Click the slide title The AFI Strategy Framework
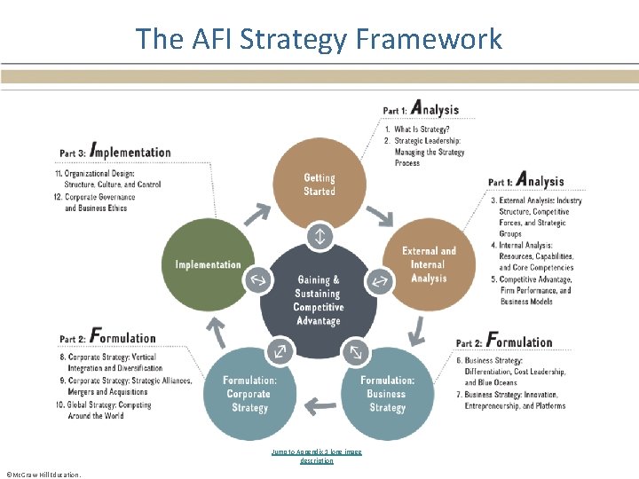pyautogui.click(x=319, y=39)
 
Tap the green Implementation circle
pyautogui.click(x=209, y=264)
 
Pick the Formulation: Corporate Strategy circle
pyautogui.click(x=249, y=394)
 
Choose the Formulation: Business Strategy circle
pyautogui.click(x=387, y=394)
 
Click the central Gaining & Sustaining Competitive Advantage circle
pyautogui.click(x=318, y=300)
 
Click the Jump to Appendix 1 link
pyautogui.click(x=317, y=456)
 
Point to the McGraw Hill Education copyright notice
pyautogui.click(x=43, y=474)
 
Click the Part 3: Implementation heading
pyautogui.click(x=115, y=152)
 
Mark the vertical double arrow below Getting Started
pyautogui.click(x=319, y=237)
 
